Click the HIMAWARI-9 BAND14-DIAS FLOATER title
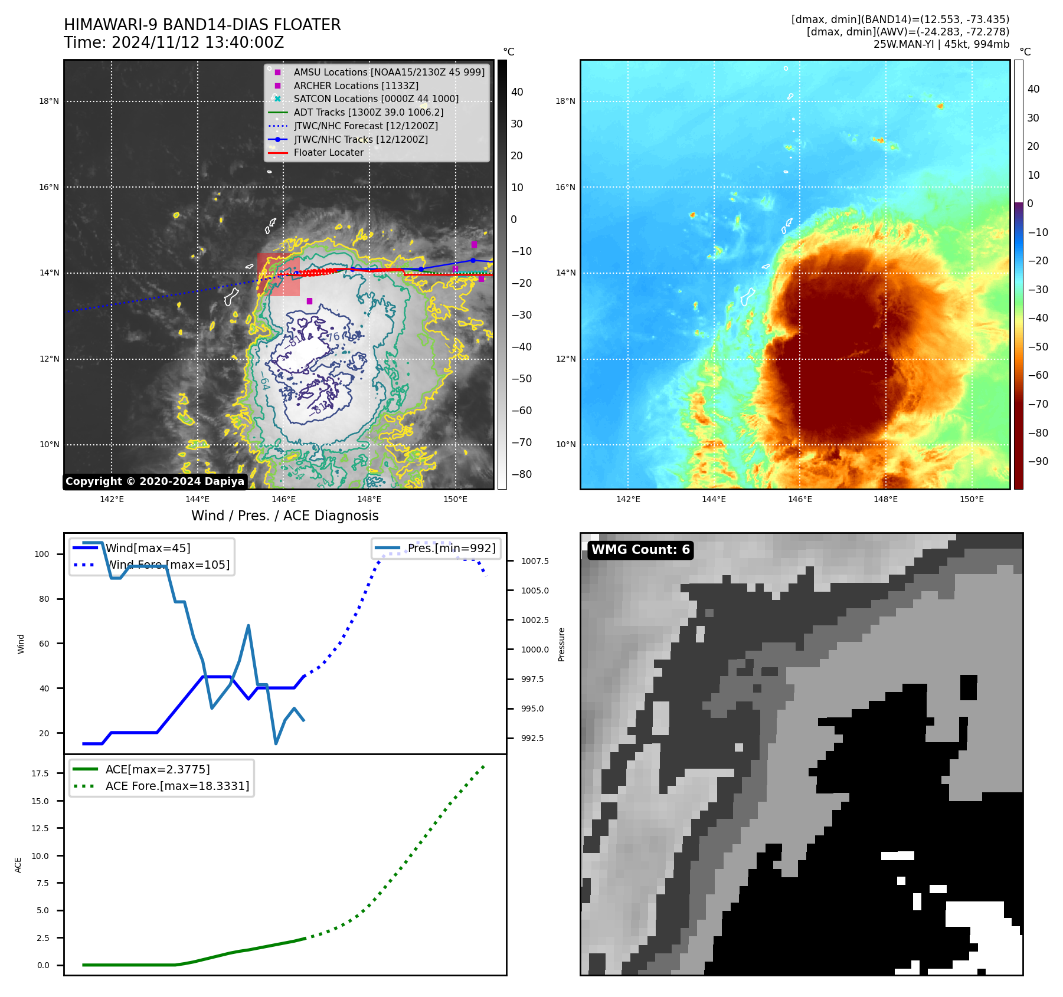(202, 25)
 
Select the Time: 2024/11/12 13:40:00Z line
(174, 43)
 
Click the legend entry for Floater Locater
(328, 153)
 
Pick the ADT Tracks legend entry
(368, 112)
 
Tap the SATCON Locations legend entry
(376, 99)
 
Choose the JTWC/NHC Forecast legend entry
(365, 126)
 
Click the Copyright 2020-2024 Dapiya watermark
(155, 481)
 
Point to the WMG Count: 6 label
(640, 550)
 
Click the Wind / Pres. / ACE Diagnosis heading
(284, 516)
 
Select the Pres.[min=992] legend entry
(452, 549)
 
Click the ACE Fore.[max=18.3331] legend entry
(177, 786)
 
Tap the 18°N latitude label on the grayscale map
(49, 101)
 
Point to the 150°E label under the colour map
(972, 500)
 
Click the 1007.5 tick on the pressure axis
(535, 561)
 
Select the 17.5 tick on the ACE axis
(40, 773)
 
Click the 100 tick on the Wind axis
(42, 554)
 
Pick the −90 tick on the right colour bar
(1038, 461)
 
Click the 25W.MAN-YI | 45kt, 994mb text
(941, 44)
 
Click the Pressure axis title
(561, 644)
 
